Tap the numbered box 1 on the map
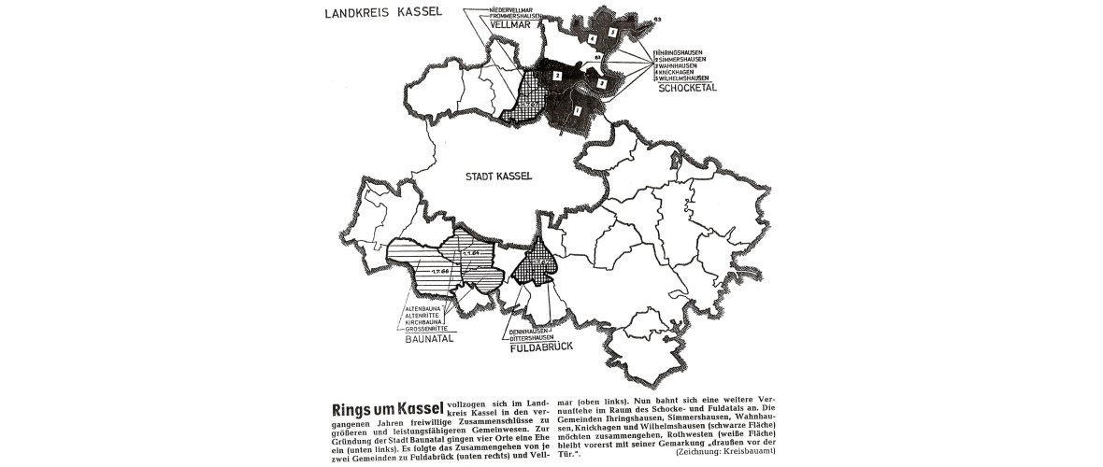coord(577,111)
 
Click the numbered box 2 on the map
coord(556,75)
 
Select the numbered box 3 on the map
coord(602,84)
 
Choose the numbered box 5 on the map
coord(612,33)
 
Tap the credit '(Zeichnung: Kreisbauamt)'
coord(724,450)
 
